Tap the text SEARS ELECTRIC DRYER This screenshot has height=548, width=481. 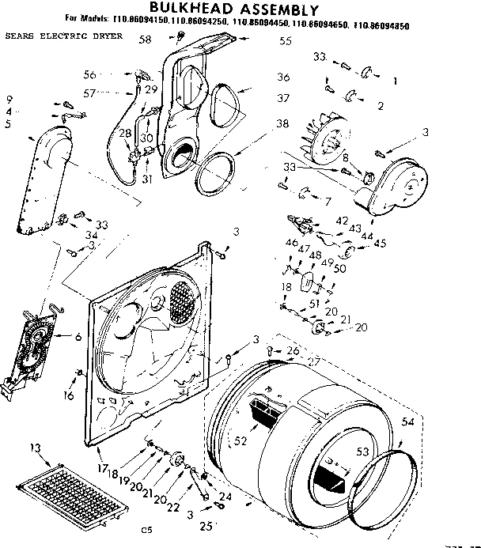[62, 37]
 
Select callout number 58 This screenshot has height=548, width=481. [145, 40]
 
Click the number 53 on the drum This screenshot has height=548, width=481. [363, 452]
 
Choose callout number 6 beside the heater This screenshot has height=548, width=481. [78, 337]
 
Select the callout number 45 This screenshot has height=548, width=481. [381, 243]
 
